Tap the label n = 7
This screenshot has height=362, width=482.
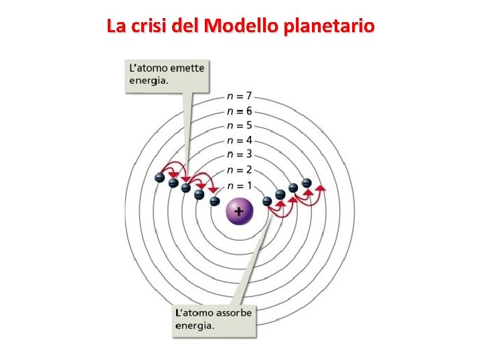point(240,97)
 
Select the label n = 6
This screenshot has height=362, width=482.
point(240,111)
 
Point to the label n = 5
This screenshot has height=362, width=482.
point(240,125)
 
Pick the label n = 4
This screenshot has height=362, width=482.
point(240,140)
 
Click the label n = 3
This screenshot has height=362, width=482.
point(240,155)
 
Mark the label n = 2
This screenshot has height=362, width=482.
point(240,170)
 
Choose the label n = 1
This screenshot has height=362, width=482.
point(240,185)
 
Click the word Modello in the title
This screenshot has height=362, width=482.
point(242,26)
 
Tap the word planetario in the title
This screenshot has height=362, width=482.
point(329,27)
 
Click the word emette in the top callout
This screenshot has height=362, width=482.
point(187,67)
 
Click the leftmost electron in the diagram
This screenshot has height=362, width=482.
point(159,178)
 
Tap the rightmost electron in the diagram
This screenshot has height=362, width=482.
point(307,182)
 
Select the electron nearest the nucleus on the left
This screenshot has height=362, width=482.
point(214,200)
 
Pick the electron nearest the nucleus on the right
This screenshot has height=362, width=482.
point(267,200)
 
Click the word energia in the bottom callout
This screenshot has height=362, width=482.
point(195,326)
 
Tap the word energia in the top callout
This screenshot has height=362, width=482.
point(147,80)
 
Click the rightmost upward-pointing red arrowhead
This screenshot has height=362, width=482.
point(321,188)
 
